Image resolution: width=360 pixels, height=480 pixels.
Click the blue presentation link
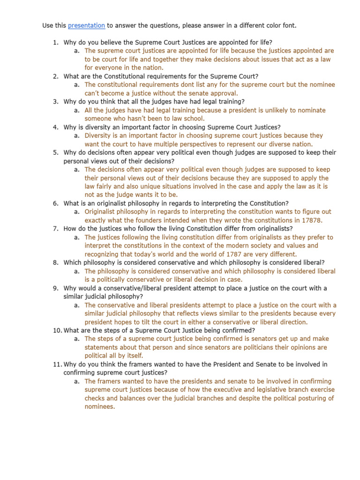point(86,25)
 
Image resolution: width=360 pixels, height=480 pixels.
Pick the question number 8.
point(56,262)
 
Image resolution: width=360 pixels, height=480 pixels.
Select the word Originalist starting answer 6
point(102,212)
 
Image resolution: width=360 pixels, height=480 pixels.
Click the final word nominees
point(99,406)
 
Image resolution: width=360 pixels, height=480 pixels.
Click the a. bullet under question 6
point(76,212)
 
